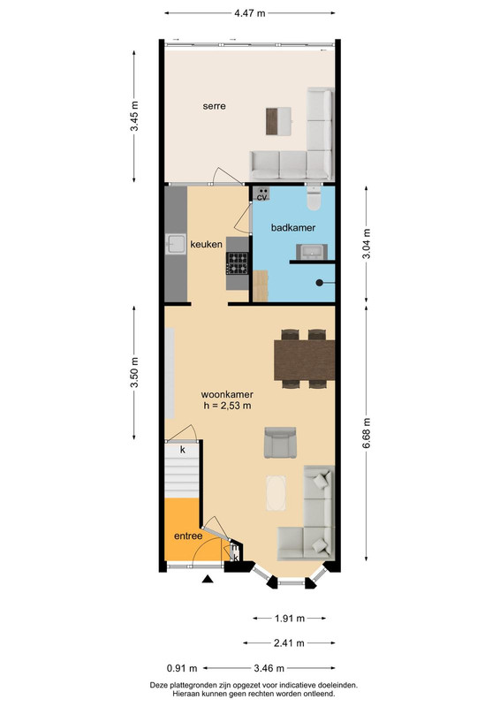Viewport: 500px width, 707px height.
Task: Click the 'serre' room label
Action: (x=214, y=106)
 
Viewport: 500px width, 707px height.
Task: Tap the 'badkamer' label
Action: (x=293, y=228)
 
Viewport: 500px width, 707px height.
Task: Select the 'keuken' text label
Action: (x=206, y=245)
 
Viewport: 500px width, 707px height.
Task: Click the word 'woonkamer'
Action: (x=227, y=394)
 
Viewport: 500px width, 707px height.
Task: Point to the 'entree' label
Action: (x=188, y=536)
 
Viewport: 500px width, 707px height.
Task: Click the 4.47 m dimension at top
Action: (x=250, y=13)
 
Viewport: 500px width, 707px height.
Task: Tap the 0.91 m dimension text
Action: (x=182, y=668)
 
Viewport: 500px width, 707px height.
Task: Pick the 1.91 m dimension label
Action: (x=290, y=618)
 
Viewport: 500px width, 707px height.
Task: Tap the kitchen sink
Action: (x=176, y=244)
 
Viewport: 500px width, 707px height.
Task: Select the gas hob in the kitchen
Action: (x=238, y=263)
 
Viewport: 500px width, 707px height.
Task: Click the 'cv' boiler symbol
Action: (x=261, y=194)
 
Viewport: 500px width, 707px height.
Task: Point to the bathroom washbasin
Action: (x=312, y=252)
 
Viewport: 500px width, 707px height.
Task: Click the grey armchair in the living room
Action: (x=280, y=443)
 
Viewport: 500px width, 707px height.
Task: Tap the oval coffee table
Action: (x=276, y=493)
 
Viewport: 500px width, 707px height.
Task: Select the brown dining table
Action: (x=304, y=361)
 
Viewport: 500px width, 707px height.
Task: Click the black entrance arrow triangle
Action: (x=208, y=579)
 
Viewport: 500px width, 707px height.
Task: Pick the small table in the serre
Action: (x=278, y=121)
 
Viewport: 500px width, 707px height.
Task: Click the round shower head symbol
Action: (x=319, y=283)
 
